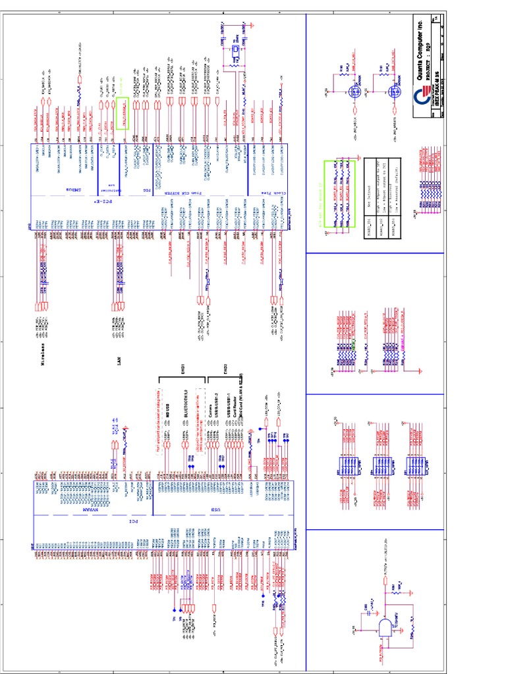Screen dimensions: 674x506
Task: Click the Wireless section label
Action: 44,352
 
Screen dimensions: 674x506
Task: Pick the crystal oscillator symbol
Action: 234,51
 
